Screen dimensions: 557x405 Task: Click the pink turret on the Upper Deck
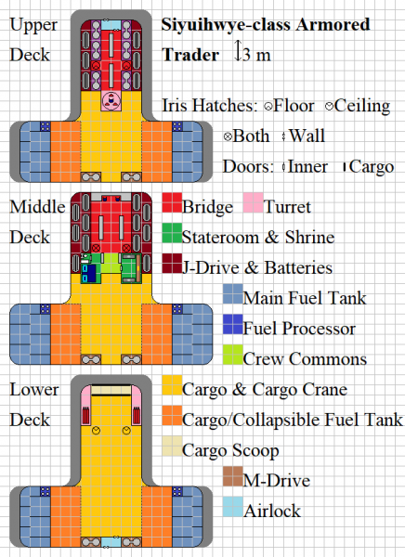point(111,99)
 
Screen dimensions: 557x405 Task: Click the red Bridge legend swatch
point(171,205)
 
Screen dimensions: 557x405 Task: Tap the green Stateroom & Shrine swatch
point(171,236)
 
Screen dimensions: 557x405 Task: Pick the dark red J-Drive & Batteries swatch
point(171,266)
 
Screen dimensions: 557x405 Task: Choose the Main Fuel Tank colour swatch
point(232,297)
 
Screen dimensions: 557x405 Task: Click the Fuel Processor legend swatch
point(232,328)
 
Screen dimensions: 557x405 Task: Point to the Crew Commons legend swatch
point(232,358)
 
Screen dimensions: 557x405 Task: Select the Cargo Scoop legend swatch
point(171,450)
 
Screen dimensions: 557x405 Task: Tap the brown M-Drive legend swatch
point(232,481)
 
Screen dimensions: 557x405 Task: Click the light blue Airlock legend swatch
point(232,510)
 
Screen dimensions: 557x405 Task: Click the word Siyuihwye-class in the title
point(224,24)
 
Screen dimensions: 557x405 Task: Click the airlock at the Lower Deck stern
point(111,541)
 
